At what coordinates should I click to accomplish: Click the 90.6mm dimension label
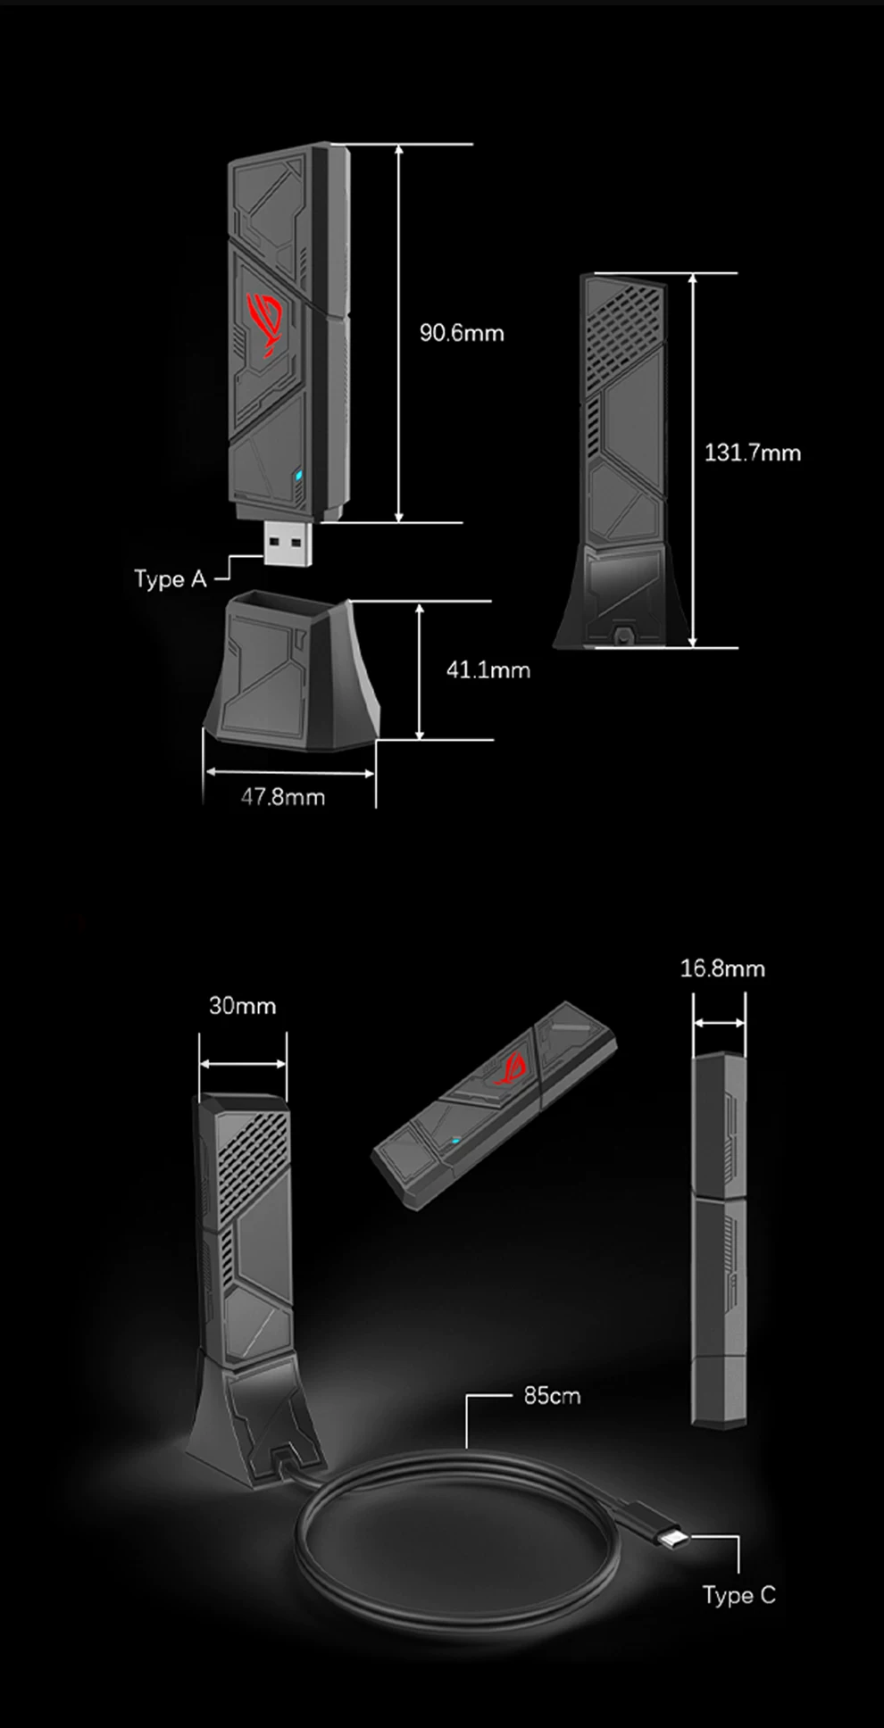click(x=462, y=333)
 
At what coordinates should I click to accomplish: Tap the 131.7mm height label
click(x=752, y=453)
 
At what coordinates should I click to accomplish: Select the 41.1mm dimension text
click(x=488, y=669)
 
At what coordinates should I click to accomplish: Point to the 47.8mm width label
click(x=282, y=796)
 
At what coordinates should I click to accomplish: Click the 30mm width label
click(x=242, y=1006)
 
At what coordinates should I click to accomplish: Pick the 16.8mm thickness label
click(x=722, y=968)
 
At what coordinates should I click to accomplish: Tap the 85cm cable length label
click(x=552, y=1395)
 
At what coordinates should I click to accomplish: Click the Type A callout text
click(x=171, y=579)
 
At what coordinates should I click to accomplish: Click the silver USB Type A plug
click(x=288, y=542)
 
